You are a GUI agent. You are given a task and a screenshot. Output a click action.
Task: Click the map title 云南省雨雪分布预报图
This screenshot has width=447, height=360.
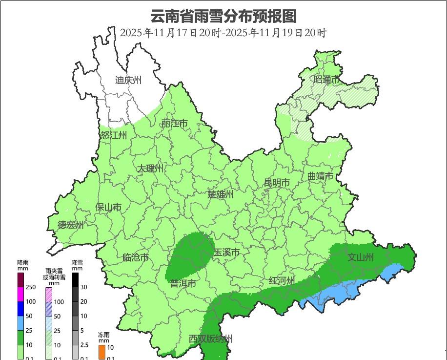click(223, 16)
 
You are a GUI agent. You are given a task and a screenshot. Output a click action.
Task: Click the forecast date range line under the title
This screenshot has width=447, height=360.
click(223, 33)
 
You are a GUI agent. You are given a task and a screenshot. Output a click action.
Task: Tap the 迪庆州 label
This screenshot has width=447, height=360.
click(128, 80)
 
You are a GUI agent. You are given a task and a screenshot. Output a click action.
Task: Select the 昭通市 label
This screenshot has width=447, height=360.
click(326, 80)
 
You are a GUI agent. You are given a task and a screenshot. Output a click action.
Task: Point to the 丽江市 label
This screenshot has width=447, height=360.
click(174, 124)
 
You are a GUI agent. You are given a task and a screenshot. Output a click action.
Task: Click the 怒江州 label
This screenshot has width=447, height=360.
click(114, 135)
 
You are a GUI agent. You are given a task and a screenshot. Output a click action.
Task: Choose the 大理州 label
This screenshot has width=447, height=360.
click(150, 169)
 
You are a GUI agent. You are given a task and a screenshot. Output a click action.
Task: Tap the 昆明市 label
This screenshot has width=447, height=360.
click(277, 183)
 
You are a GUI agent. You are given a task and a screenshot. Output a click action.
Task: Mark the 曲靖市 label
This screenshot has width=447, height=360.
click(320, 176)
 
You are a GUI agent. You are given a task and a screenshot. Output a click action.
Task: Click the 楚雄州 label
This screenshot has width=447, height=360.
click(221, 194)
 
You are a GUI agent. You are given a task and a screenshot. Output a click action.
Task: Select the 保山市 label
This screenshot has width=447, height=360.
click(108, 207)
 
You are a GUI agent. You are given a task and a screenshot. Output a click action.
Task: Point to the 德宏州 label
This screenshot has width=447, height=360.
click(71, 225)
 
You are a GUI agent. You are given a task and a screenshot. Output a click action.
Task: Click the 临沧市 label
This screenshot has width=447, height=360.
click(135, 257)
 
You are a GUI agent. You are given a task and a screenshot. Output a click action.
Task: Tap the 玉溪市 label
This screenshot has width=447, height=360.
click(227, 253)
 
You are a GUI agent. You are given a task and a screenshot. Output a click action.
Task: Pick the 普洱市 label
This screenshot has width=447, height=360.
click(183, 283)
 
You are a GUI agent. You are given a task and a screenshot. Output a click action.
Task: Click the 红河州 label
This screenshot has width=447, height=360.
click(282, 281)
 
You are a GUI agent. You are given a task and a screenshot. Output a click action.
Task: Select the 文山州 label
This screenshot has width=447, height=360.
click(360, 257)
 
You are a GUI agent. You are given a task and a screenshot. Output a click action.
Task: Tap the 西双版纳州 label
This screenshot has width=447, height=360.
click(211, 339)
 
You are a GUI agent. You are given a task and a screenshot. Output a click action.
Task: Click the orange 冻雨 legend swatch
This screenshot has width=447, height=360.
click(102, 352)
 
